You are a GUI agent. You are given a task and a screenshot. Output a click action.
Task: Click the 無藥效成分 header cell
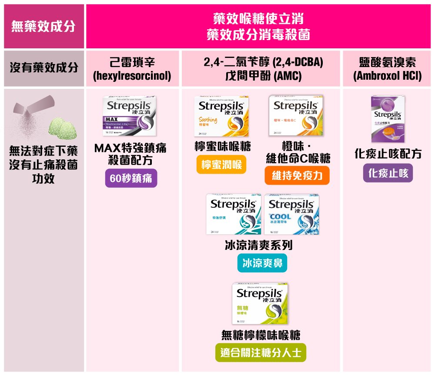click(x=43, y=27)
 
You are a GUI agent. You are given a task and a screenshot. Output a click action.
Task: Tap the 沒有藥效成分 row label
click(x=43, y=68)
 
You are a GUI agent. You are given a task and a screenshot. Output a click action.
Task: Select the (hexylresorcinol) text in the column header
click(x=132, y=76)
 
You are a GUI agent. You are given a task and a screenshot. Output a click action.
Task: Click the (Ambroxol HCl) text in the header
click(x=388, y=76)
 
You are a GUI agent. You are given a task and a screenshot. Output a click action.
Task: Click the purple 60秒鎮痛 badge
click(x=131, y=178)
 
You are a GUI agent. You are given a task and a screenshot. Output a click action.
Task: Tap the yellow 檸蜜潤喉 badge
click(x=221, y=165)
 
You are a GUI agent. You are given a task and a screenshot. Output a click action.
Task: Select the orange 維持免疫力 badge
click(x=297, y=175)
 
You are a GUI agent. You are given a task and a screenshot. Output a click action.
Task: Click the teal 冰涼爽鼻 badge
click(x=262, y=263)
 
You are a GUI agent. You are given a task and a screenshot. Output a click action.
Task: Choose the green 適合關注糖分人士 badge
click(x=261, y=352)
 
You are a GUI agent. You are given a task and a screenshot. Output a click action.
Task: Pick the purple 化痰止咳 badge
click(x=388, y=173)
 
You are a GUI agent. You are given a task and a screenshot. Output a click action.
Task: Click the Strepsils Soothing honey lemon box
click(x=221, y=116)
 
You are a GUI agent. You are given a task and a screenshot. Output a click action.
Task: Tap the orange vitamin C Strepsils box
click(x=296, y=116)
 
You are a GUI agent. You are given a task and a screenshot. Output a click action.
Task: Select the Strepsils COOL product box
click(x=292, y=214)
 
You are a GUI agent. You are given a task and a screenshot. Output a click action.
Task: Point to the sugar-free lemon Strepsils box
click(x=260, y=303)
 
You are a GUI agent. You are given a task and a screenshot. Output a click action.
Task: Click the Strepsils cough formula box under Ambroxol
click(x=388, y=119)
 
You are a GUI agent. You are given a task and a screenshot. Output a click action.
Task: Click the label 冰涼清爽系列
click(x=258, y=245)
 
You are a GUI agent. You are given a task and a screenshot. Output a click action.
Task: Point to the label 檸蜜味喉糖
click(x=222, y=146)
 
